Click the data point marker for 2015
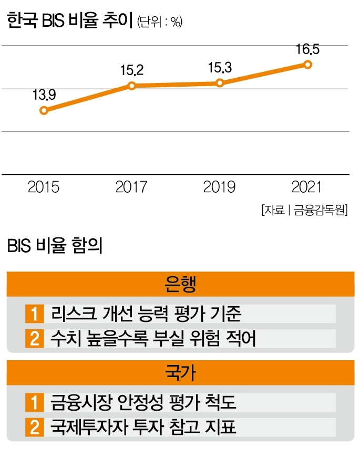tap(44, 110)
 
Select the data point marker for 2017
tap(132, 86)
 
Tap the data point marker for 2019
tap(220, 83)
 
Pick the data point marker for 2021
tap(308, 65)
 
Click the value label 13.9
tap(44, 95)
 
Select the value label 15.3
tap(220, 67)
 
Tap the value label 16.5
tap(307, 50)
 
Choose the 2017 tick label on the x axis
tap(132, 187)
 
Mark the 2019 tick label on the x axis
tap(219, 187)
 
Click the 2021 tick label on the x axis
tap(308, 187)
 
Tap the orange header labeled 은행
tap(180, 286)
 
